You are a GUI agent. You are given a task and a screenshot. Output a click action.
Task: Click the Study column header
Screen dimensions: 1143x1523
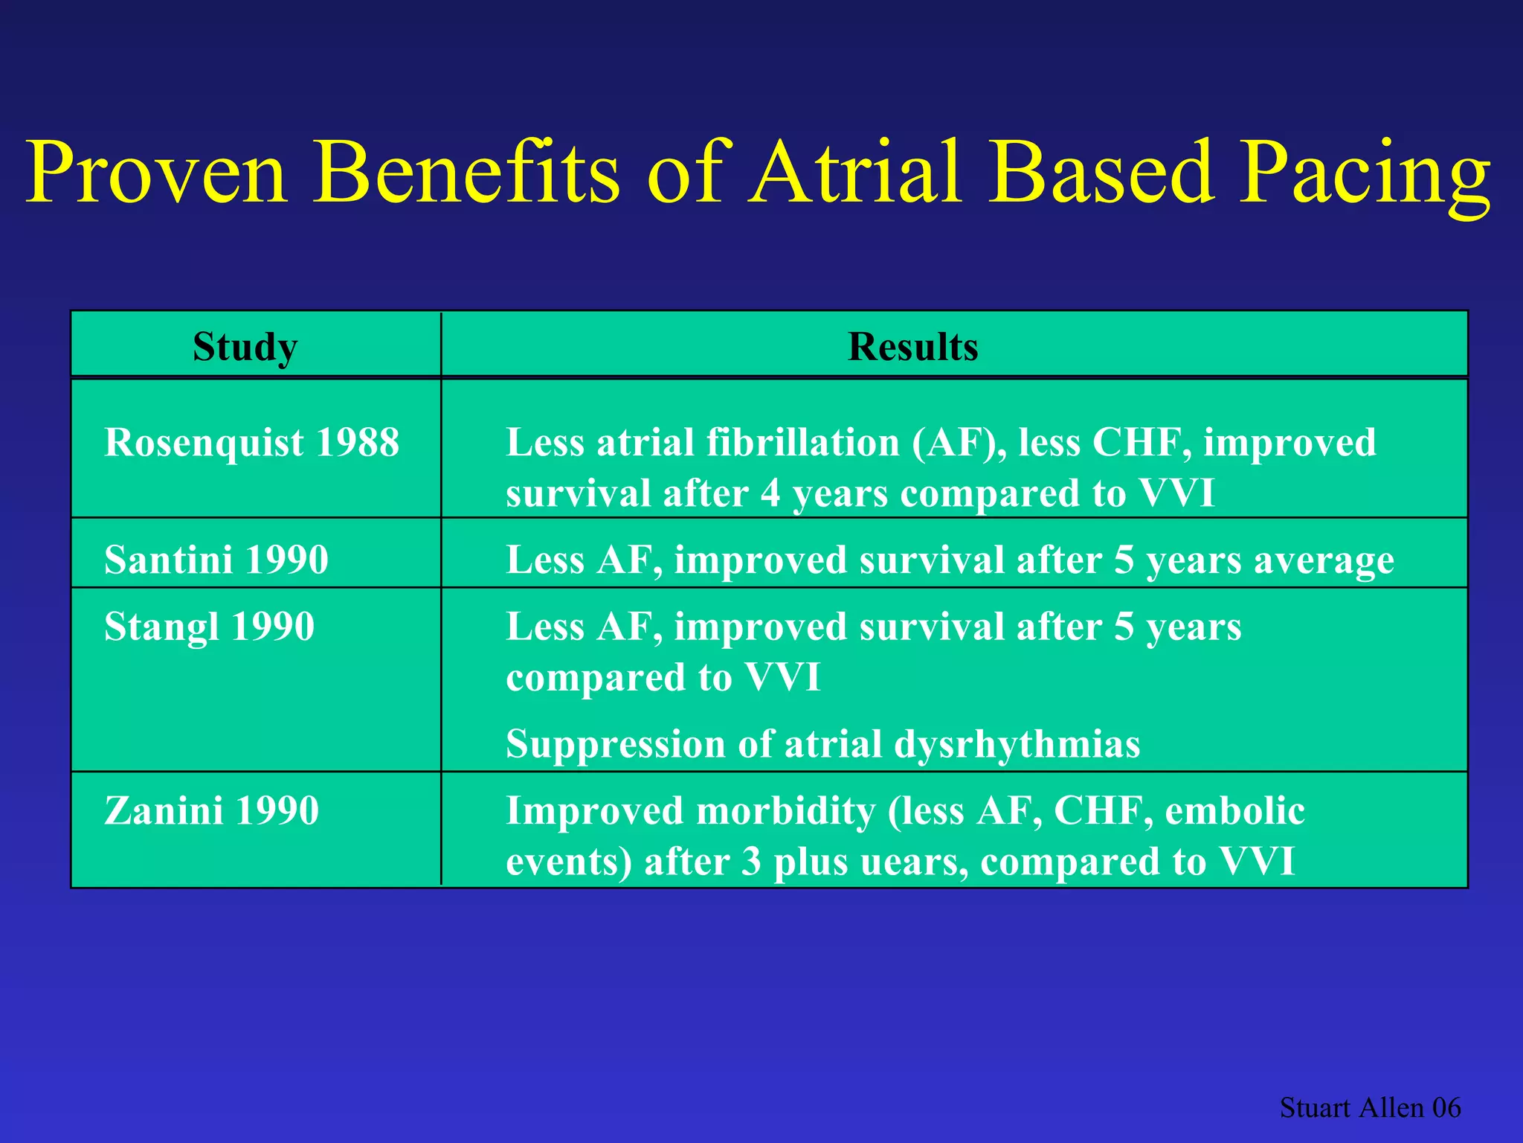pos(245,347)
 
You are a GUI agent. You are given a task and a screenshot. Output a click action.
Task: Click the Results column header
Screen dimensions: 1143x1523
pos(912,347)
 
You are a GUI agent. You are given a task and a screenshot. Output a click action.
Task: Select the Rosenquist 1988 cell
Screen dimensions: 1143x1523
pos(251,443)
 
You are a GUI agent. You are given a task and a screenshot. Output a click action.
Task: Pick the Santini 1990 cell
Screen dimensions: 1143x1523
pos(216,560)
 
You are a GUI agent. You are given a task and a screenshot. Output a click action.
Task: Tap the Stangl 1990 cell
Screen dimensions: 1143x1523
pos(209,627)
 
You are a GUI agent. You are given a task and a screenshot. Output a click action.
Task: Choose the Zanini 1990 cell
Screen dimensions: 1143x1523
pos(211,810)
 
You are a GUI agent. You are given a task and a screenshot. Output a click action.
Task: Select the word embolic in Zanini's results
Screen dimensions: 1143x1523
pos(1234,810)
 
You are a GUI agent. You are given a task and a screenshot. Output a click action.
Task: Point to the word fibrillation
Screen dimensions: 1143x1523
pos(803,443)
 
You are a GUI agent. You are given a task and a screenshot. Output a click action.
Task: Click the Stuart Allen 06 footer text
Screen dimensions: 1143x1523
pos(1370,1107)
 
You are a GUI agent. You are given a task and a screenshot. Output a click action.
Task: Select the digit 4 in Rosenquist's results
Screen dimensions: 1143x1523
pos(770,494)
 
